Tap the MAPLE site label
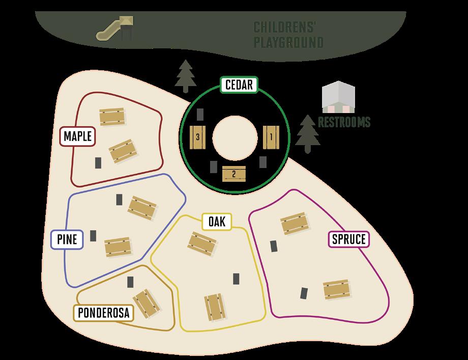[x=78, y=136]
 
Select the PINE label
[x=68, y=239]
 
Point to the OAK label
[x=217, y=221]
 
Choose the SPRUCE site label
[x=349, y=239]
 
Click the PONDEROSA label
[x=103, y=312]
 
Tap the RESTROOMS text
[x=344, y=122]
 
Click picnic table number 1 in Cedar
[x=271, y=137]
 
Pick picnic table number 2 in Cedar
[x=234, y=174]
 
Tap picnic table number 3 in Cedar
[x=197, y=137]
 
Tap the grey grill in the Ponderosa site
[x=131, y=282]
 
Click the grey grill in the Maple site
[x=98, y=162]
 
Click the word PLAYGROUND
[x=288, y=42]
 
